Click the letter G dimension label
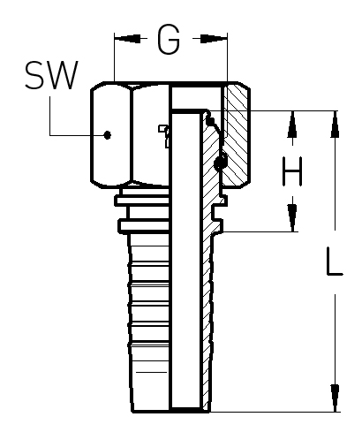tap(169, 39)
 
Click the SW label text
tap(51, 75)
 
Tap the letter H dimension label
tap(292, 171)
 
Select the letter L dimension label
tap(335, 261)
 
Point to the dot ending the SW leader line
tap(108, 135)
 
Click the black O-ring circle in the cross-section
tap(221, 163)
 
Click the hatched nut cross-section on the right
tap(237, 135)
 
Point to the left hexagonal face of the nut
tap(110, 134)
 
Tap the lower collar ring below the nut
tap(144, 226)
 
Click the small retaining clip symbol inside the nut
tap(165, 135)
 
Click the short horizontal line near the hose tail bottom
tap(151, 372)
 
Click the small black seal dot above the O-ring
tap(210, 120)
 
